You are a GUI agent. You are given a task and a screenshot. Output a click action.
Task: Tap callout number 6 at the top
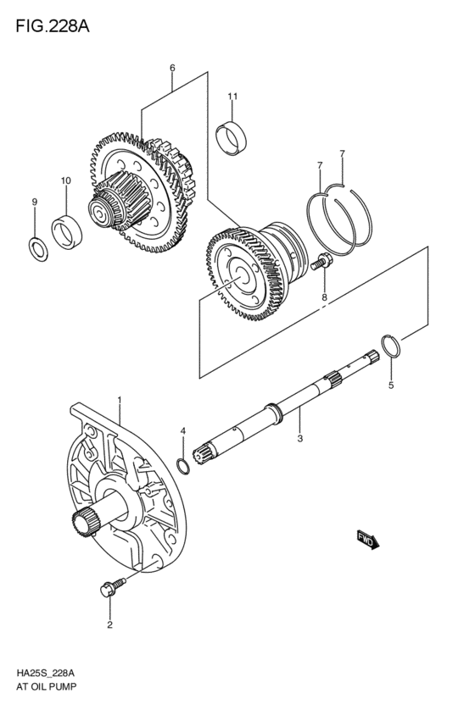pyautogui.click(x=172, y=68)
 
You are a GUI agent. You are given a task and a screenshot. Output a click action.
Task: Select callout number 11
pyautogui.click(x=231, y=97)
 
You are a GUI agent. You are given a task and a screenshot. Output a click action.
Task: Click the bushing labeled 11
pyautogui.click(x=231, y=139)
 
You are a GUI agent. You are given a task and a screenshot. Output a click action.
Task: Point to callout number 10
pyautogui.click(x=65, y=180)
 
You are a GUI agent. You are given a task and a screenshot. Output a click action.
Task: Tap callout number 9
pyautogui.click(x=35, y=202)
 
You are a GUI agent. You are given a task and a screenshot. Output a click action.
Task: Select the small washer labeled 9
pyautogui.click(x=35, y=247)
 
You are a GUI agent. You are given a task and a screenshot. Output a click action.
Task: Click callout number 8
pyautogui.click(x=323, y=297)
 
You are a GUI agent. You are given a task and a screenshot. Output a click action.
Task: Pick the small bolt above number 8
pyautogui.click(x=321, y=264)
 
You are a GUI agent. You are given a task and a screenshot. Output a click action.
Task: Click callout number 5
pyautogui.click(x=391, y=385)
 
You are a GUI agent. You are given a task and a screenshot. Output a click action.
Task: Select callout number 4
pyautogui.click(x=182, y=432)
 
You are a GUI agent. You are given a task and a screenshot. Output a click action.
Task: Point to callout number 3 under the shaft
pyautogui.click(x=299, y=439)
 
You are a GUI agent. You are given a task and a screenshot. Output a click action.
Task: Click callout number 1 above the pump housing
pyautogui.click(x=120, y=400)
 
